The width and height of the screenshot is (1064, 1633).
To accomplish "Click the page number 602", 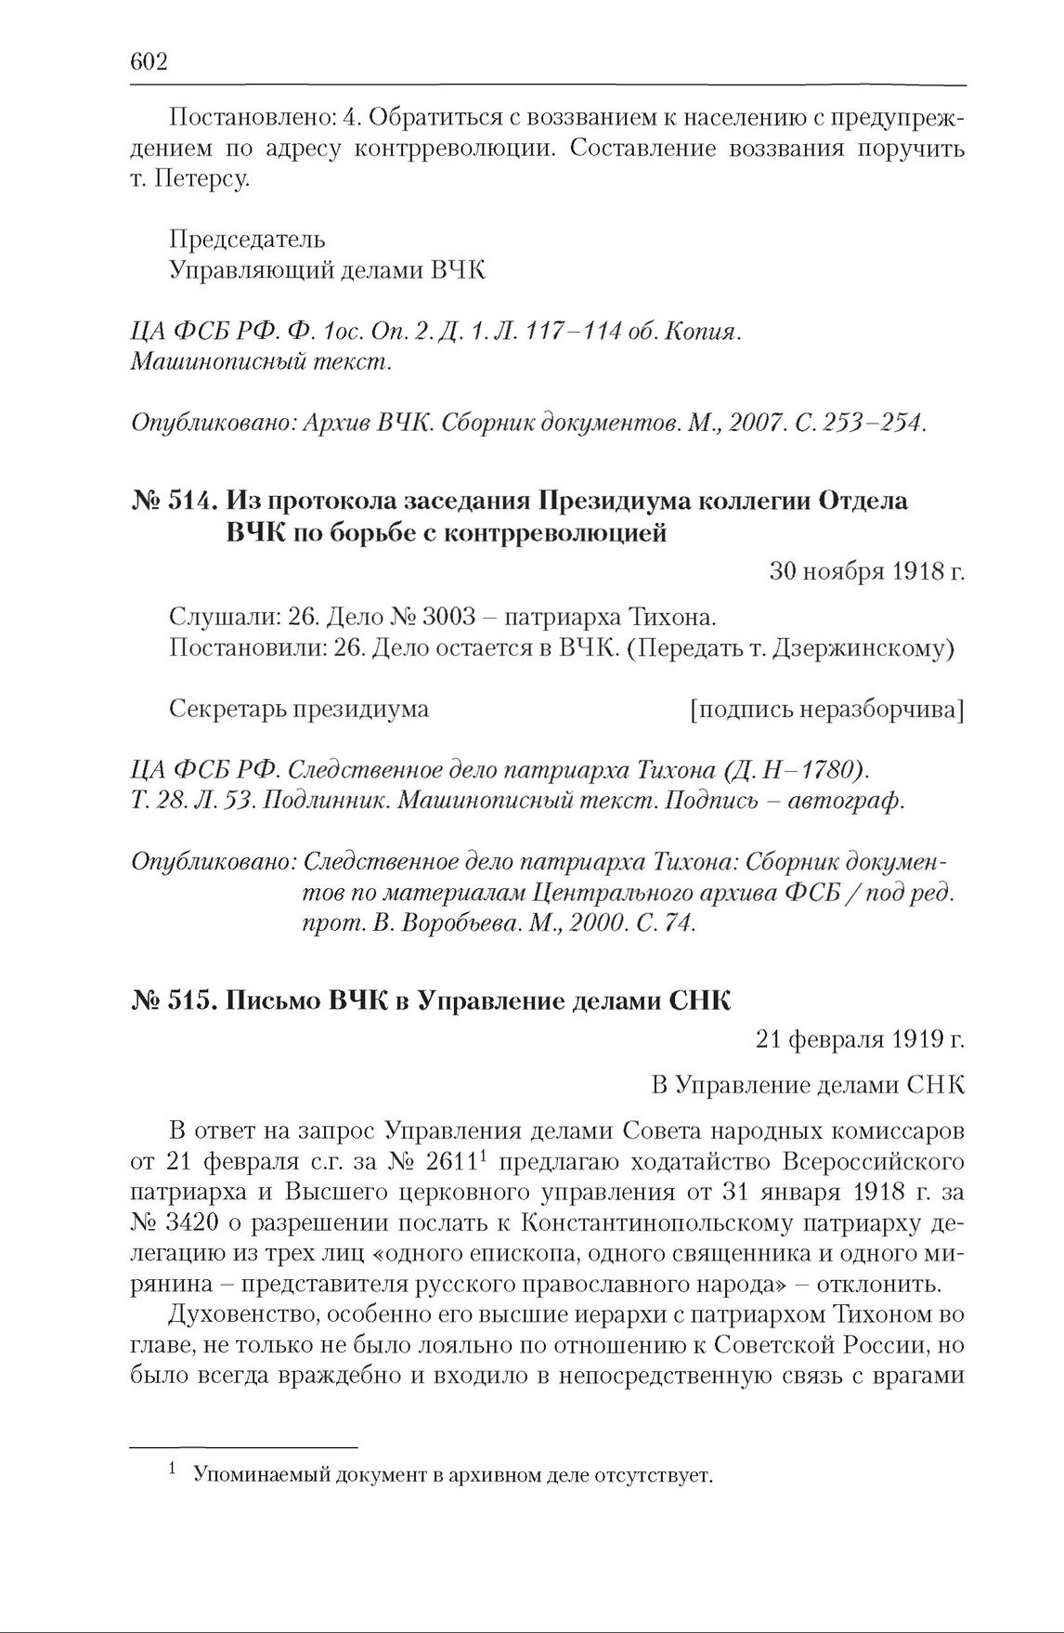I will pos(149,61).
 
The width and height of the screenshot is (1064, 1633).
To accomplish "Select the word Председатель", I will pos(247,239).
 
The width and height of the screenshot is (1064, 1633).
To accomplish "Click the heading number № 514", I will pos(175,501).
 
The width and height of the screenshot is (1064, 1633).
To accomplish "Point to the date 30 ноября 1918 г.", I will pos(867,572).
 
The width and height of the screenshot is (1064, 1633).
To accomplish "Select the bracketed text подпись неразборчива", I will pos(826,709).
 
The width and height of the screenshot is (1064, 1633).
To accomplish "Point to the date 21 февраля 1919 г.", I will pos(860,1040).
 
